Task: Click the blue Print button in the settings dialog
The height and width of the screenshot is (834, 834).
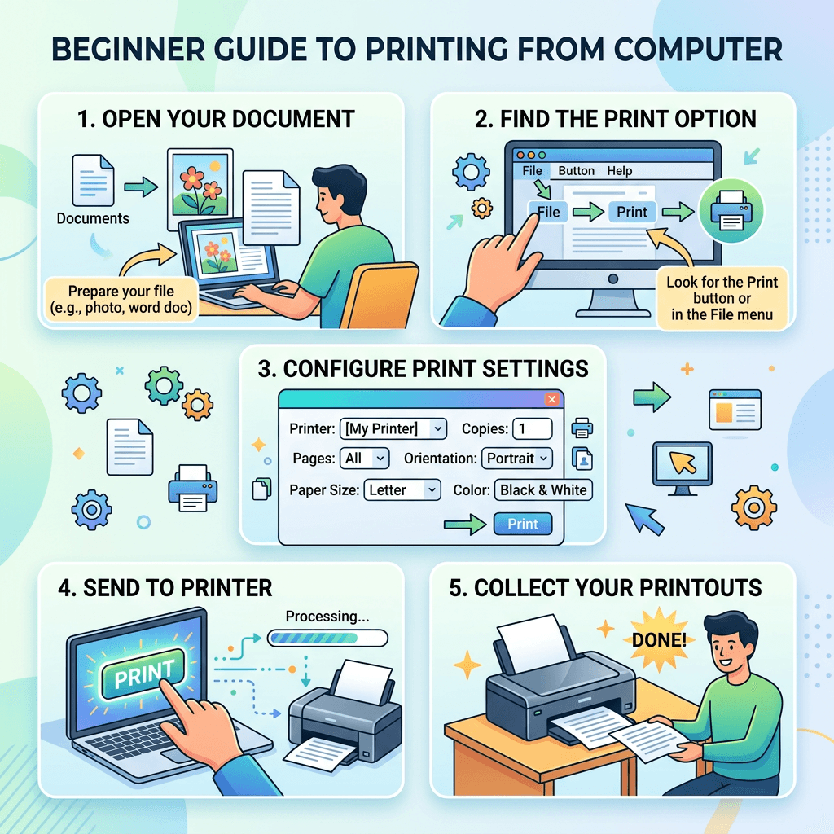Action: tap(522, 524)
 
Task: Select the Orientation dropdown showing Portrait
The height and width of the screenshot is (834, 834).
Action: tap(517, 459)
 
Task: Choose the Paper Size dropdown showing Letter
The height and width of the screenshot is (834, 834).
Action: tap(402, 490)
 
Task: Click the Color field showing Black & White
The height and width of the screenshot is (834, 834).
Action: tap(543, 490)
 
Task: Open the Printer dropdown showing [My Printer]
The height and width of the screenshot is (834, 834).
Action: tap(394, 428)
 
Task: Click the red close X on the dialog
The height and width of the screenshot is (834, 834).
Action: tap(551, 399)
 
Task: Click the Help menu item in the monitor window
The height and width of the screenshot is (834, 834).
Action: tap(619, 171)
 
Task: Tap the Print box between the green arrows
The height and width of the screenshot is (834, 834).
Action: tap(632, 213)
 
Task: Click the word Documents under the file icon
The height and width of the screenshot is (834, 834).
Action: tap(93, 218)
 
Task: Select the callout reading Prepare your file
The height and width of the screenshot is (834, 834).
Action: tap(121, 299)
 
